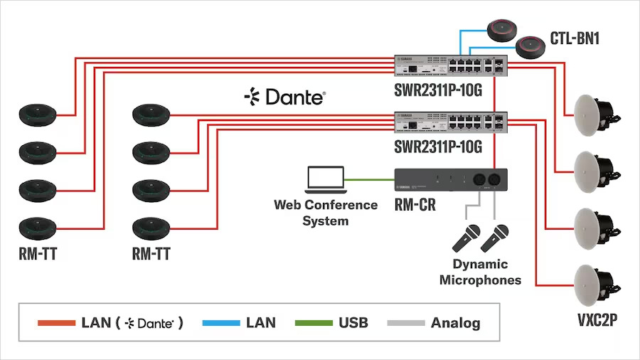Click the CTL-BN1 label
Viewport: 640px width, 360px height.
click(575, 38)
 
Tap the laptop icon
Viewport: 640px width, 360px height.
click(325, 180)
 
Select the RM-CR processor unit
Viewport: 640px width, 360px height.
click(450, 180)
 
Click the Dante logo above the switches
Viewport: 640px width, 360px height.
click(284, 97)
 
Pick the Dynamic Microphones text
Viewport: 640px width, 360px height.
click(480, 272)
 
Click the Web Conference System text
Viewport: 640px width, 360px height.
click(326, 213)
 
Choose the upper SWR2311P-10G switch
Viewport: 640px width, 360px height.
click(450, 65)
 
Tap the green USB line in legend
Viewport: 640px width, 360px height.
click(311, 323)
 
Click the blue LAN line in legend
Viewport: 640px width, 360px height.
click(220, 323)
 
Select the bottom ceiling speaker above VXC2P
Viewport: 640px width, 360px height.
click(592, 282)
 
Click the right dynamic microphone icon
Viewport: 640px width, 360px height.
click(496, 238)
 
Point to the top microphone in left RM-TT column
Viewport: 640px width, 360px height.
click(38, 115)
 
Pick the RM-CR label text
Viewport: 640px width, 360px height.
click(415, 206)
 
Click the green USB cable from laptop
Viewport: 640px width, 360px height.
click(370, 179)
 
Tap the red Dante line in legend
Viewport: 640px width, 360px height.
click(56, 323)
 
